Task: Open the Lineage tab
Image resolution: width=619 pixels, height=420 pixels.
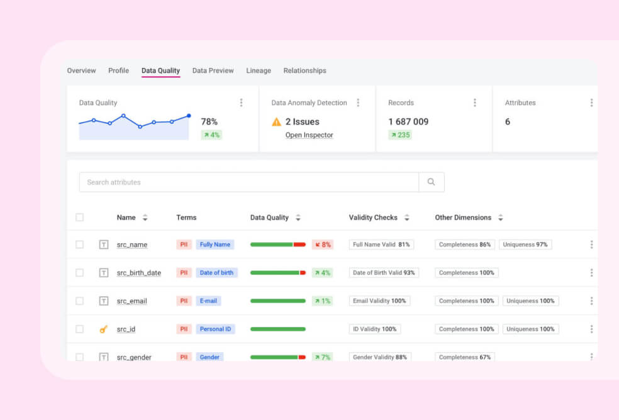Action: (259, 70)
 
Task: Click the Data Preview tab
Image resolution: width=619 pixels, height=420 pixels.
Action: (213, 70)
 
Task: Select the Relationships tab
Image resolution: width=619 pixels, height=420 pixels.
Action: (304, 70)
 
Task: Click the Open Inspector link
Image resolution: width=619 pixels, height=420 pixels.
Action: (309, 135)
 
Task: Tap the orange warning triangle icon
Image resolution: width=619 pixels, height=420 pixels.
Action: (276, 122)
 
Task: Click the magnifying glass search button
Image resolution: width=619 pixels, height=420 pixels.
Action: (431, 182)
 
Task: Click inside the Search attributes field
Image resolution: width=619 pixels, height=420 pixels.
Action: (248, 182)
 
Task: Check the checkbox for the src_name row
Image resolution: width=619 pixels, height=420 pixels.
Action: (79, 245)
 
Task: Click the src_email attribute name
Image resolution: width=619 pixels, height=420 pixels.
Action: (131, 301)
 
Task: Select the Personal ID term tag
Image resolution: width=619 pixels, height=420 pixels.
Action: (215, 329)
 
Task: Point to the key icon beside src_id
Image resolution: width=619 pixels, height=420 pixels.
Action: (104, 329)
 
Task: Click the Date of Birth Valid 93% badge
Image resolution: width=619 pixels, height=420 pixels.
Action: (384, 273)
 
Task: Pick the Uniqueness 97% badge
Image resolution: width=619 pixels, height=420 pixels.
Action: (525, 245)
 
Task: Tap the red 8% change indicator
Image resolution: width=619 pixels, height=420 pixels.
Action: (322, 245)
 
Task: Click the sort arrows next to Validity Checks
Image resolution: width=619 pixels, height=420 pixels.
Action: (407, 218)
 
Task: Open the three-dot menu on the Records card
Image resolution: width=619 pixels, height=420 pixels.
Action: (474, 102)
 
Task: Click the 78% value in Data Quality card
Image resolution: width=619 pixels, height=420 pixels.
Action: (209, 121)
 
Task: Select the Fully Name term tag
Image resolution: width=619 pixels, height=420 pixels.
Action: (215, 245)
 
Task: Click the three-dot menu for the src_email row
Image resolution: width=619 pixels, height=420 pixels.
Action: (591, 301)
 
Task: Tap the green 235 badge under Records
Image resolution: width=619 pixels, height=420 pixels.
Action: (399, 135)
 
